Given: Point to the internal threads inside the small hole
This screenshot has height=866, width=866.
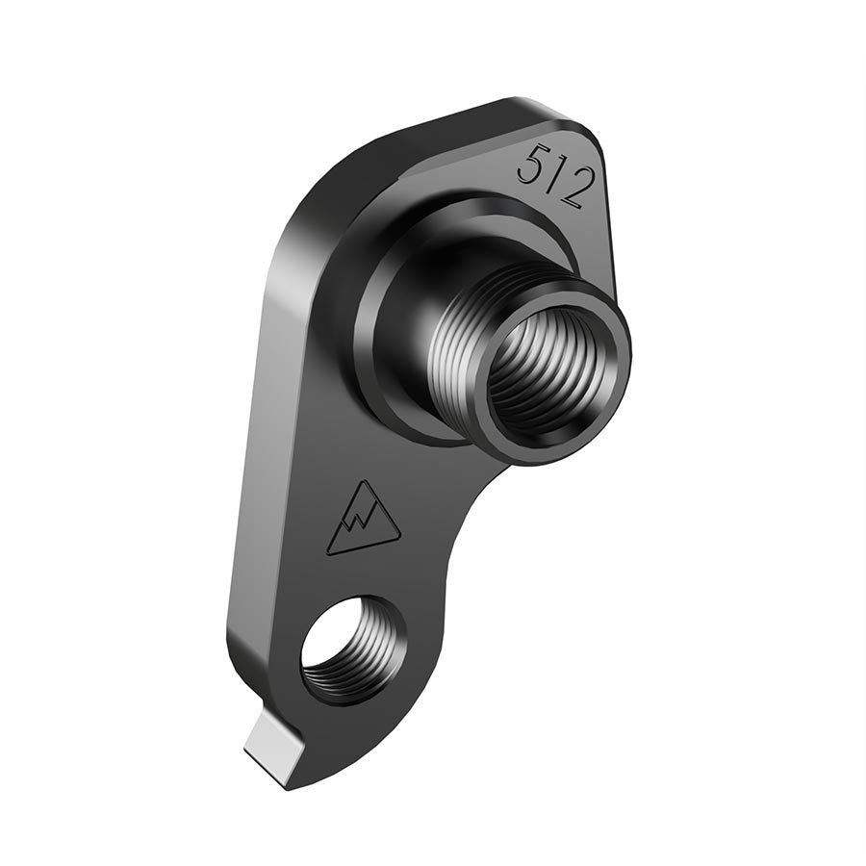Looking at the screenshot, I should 370,654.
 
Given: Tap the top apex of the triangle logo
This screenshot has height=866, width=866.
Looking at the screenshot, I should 363,481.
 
